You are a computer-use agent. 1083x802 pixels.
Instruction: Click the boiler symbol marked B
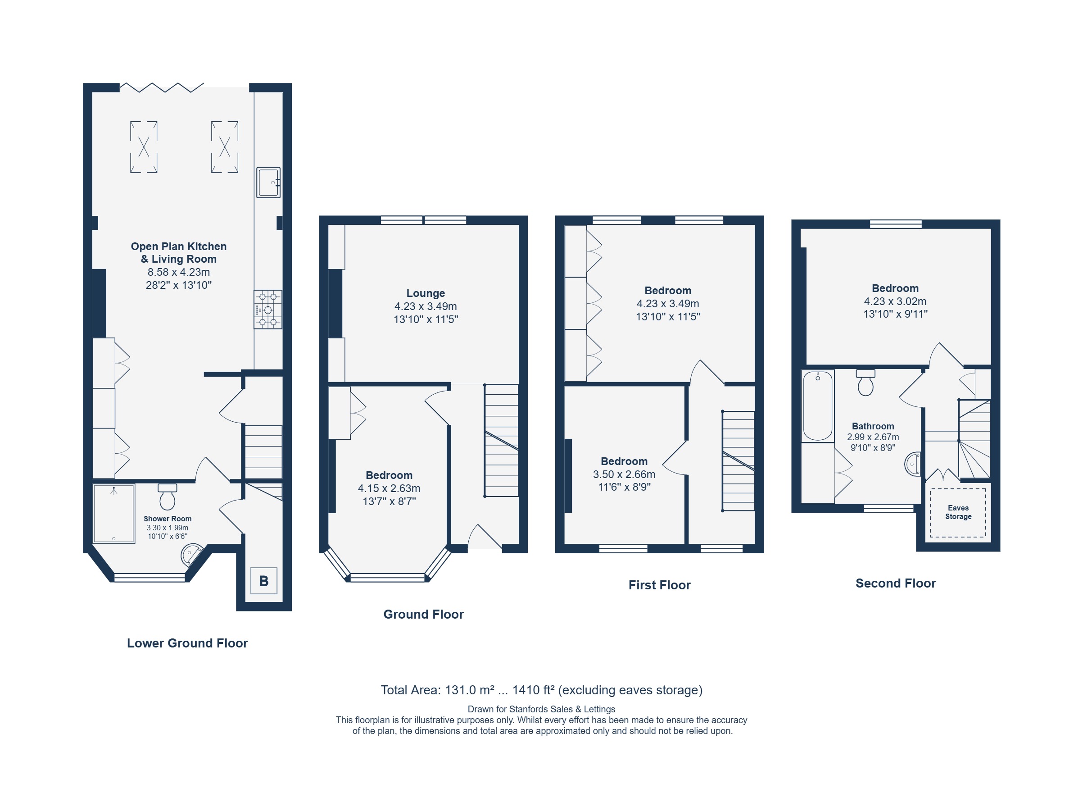(x=263, y=581)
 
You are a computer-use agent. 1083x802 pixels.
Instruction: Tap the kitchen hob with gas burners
(x=268, y=310)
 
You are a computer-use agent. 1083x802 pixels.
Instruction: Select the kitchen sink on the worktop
(x=268, y=182)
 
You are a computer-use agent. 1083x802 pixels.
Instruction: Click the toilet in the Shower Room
(x=168, y=497)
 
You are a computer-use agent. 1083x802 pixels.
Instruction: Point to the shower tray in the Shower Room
(x=114, y=514)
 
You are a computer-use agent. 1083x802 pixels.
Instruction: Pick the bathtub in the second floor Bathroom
(x=818, y=406)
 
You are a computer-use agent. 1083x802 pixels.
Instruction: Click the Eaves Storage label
(x=958, y=512)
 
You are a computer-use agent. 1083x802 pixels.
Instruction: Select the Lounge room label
(x=426, y=293)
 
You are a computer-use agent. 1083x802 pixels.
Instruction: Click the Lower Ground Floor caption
(x=187, y=643)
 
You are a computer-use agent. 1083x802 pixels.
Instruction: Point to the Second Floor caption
(x=896, y=583)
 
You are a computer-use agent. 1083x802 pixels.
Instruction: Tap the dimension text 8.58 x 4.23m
(x=179, y=272)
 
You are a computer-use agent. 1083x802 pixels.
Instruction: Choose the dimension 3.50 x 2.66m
(x=624, y=474)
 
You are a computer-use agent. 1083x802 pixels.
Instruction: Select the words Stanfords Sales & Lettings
(x=562, y=709)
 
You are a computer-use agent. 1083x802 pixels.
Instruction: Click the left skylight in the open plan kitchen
(x=144, y=147)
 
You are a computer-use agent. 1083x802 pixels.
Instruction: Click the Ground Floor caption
(x=424, y=615)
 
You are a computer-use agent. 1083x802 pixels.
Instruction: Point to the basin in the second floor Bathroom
(x=913, y=464)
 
